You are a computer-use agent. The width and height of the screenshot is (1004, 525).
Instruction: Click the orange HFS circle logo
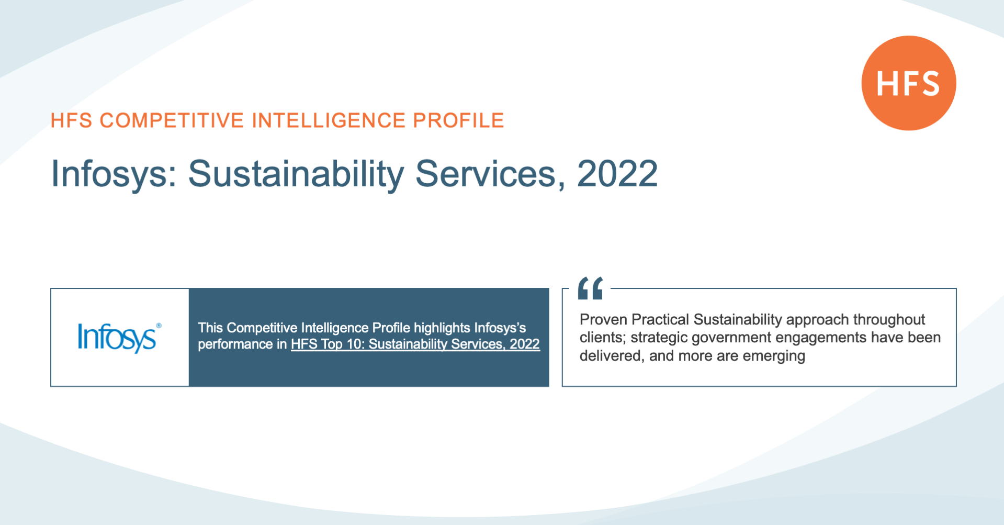pos(909,83)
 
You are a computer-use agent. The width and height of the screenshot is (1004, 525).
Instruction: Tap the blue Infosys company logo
pos(117,338)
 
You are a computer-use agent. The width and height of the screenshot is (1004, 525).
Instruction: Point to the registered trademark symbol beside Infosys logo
pos(159,326)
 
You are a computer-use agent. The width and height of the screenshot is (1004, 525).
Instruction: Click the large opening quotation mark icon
pos(591,288)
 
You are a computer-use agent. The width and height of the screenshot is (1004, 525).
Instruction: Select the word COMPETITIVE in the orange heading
pos(172,120)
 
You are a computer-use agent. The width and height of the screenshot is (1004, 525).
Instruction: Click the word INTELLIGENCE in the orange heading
pos(329,120)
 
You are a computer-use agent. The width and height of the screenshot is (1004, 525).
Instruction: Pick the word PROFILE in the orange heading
pos(458,120)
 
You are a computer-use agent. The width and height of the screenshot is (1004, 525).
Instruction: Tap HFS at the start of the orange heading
pos(71,120)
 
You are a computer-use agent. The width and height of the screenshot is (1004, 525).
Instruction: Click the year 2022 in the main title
pos(617,174)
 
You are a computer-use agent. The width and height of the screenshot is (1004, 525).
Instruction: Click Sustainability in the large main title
pos(296,175)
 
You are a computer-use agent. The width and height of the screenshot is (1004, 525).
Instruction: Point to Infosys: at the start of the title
pos(114,175)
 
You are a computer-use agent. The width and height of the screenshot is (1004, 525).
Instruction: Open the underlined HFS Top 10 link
pos(415,344)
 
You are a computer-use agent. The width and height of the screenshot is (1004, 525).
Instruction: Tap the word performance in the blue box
pos(235,344)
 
